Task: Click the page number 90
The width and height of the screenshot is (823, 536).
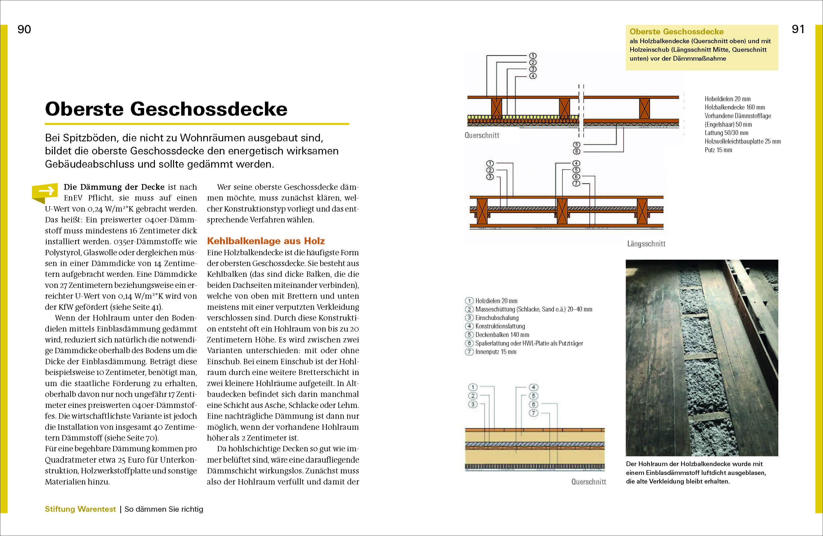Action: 24,29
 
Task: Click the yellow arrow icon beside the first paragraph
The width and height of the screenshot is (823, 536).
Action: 45,192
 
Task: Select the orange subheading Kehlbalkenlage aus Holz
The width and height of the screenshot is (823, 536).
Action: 266,241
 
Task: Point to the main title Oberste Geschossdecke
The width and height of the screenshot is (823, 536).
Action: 166,109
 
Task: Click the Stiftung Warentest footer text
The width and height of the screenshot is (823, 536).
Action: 80,509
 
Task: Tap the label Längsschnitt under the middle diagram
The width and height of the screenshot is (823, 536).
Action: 646,244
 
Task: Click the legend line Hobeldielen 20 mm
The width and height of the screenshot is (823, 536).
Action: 727,99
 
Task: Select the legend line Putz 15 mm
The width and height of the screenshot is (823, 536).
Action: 718,150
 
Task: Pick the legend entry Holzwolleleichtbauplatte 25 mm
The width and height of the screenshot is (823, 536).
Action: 742,141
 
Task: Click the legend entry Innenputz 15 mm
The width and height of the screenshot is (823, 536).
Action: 495,352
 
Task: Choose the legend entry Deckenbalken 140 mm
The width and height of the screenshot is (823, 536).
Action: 502,335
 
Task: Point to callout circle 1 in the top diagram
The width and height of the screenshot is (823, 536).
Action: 533,56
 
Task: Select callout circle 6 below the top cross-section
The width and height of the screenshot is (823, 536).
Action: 576,151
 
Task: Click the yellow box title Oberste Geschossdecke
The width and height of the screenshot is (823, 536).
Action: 676,32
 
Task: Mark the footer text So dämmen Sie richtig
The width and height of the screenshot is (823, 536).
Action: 164,509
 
